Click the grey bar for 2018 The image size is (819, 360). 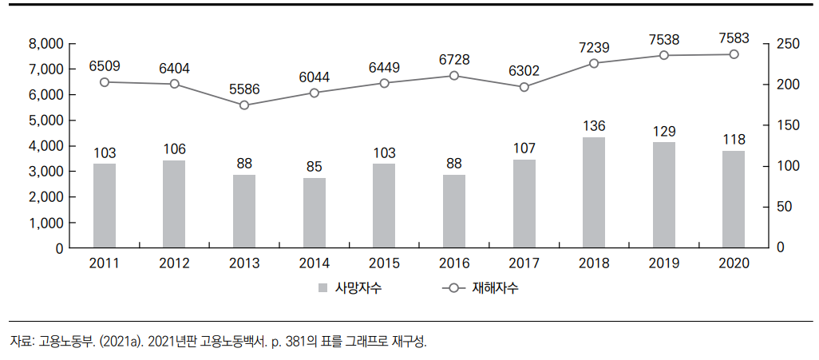coord(594,192)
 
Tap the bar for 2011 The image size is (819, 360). coord(105,205)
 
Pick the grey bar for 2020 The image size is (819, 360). coord(734,199)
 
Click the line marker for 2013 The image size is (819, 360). coord(244,105)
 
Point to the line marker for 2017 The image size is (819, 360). coord(524,87)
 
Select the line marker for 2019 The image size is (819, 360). coord(663,55)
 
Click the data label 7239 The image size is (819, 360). coord(594,47)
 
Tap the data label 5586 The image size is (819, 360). coord(244,89)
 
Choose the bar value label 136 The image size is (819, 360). coord(594,125)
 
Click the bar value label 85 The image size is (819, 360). coord(315,166)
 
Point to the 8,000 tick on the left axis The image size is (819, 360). coord(45,44)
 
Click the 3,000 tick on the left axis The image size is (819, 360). coord(45,172)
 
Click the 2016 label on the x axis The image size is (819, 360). coord(454,263)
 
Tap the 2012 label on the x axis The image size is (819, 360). coord(175,263)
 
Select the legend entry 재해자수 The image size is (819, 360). coord(497,288)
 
